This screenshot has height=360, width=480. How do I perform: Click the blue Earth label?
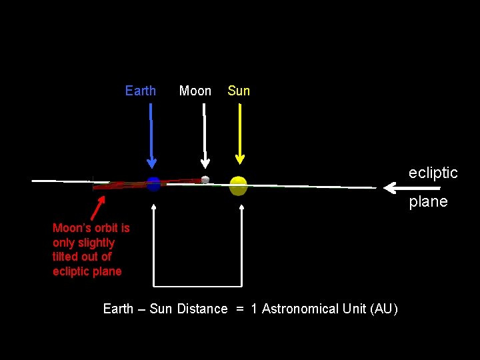click(x=140, y=91)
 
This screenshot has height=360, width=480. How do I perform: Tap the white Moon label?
click(x=195, y=91)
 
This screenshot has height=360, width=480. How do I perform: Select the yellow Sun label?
click(x=239, y=91)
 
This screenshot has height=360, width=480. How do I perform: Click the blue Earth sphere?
click(x=153, y=183)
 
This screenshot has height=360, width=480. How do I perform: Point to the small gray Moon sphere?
click(x=205, y=179)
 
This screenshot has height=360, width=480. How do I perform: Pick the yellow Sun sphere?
click(x=238, y=185)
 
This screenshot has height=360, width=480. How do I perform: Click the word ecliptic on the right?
click(x=433, y=173)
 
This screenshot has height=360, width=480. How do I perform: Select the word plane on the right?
click(x=428, y=201)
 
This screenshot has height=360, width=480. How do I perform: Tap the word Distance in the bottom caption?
click(x=202, y=309)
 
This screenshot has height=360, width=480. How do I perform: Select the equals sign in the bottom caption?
click(x=239, y=309)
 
